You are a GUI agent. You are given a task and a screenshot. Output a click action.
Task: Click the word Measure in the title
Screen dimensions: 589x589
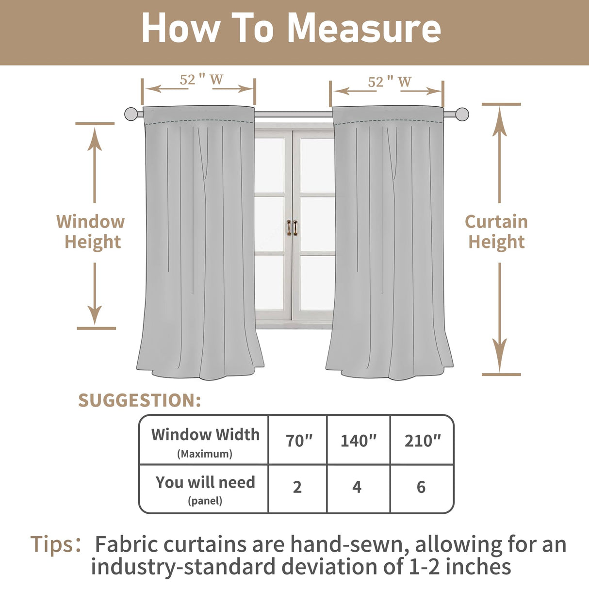coord(364,28)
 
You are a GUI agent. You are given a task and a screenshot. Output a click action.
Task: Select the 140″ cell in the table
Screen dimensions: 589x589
coord(359,441)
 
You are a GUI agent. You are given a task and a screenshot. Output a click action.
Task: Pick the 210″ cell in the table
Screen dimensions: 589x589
coord(423,441)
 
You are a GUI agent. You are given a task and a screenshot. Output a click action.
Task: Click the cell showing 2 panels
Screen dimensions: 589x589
coord(297,487)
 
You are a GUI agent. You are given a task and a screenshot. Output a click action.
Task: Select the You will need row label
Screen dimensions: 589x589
coord(205,489)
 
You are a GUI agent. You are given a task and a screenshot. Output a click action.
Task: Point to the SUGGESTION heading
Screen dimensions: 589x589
coord(140,400)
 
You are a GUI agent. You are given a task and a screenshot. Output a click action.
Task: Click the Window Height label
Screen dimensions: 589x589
coord(91,231)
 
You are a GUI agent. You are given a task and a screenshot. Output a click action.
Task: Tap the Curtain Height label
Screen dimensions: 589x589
coord(496,231)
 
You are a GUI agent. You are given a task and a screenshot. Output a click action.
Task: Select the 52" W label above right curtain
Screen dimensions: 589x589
coord(390,82)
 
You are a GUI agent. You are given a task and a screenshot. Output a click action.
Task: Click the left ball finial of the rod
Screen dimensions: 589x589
coord(131,114)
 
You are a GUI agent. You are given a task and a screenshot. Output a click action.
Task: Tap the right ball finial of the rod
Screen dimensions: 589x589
coord(462,115)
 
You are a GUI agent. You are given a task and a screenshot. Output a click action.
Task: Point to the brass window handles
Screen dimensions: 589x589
coord(292,228)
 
